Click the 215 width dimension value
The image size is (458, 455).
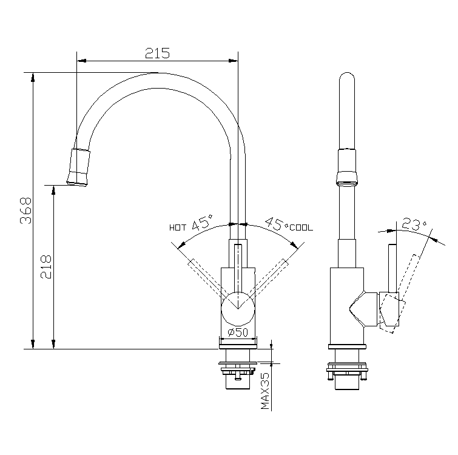point(157,53)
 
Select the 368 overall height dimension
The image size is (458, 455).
point(25,211)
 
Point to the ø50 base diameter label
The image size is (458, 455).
point(238,332)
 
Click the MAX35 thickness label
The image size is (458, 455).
point(265,391)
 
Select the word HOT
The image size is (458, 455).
point(178,228)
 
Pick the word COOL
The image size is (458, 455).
point(301,228)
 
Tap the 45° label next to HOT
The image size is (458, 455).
point(202,223)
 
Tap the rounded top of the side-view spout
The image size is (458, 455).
point(347,82)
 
